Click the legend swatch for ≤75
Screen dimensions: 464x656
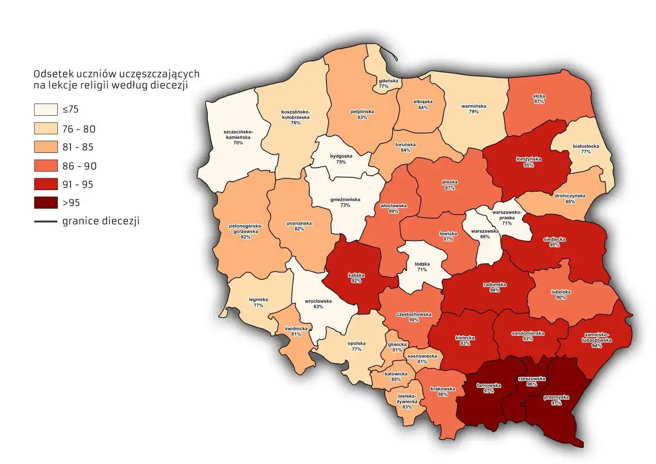click(x=45, y=110)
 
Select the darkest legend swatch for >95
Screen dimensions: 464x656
click(x=45, y=203)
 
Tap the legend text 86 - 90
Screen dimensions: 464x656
click(x=80, y=166)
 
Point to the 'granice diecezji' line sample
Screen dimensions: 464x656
click(x=45, y=221)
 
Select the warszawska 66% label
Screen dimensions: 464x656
click(x=484, y=234)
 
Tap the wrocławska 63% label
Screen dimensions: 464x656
click(x=318, y=304)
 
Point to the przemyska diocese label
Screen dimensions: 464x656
click(x=556, y=400)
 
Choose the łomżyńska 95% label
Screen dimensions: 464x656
click(x=528, y=162)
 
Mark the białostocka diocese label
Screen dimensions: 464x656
click(x=586, y=148)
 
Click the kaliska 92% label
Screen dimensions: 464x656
click(x=356, y=278)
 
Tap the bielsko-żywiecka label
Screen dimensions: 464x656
click(x=407, y=401)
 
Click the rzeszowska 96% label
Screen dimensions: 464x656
click(x=531, y=381)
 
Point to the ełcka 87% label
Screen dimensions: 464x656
click(x=539, y=98)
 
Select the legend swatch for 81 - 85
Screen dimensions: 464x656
click(x=45, y=147)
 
